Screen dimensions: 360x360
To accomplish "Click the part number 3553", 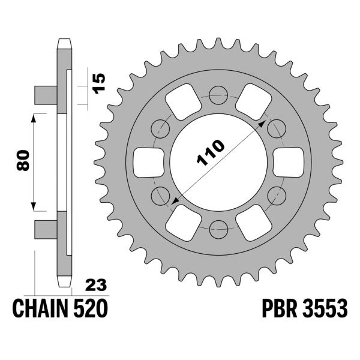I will pos(326,310).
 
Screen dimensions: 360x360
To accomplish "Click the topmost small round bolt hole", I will pos(219,93).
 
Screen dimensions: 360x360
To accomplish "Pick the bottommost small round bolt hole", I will pos(219,227).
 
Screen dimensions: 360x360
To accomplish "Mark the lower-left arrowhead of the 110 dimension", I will pos(174,203).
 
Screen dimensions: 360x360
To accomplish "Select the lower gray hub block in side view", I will pos(46,227).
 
